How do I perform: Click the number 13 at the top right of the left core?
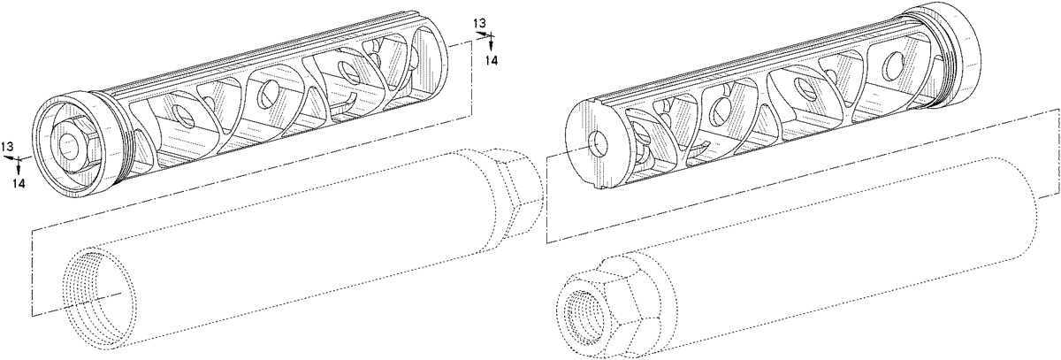click(x=480, y=23)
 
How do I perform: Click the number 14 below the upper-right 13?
click(x=492, y=61)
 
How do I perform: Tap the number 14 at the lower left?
click(x=19, y=183)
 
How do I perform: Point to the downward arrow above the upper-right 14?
click(x=491, y=42)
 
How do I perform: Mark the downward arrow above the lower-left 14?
click(x=18, y=165)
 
